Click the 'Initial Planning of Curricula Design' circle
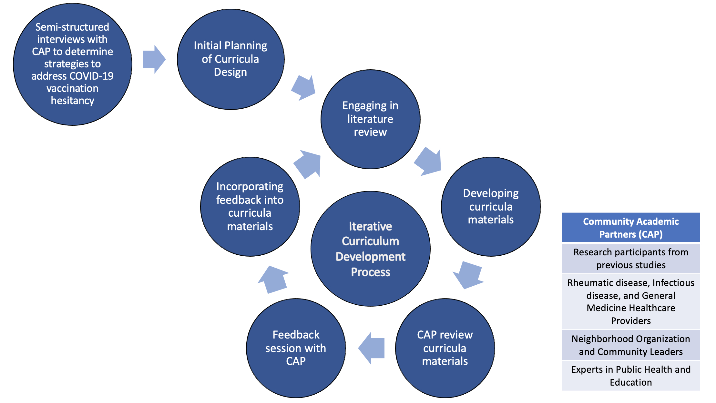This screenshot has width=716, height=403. (230, 59)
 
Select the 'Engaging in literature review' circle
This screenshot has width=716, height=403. (370, 119)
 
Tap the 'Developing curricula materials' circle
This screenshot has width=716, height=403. (491, 207)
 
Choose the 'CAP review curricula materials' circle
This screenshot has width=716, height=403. (445, 348)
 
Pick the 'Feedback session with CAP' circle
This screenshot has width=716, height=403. (296, 348)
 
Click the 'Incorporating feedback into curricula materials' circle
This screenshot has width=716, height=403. (250, 207)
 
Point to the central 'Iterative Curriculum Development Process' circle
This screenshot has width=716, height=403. (370, 249)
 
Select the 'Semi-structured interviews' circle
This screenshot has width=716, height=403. (72, 64)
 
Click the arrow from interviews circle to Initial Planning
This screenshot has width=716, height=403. (154, 59)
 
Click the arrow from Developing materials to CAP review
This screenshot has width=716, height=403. (468, 275)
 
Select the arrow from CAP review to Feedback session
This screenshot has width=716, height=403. (372, 348)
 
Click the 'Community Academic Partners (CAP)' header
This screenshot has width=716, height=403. (631, 228)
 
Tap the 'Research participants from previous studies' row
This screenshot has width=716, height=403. (631, 259)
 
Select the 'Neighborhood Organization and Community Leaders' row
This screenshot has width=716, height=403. (631, 345)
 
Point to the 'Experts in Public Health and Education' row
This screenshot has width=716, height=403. (631, 376)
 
